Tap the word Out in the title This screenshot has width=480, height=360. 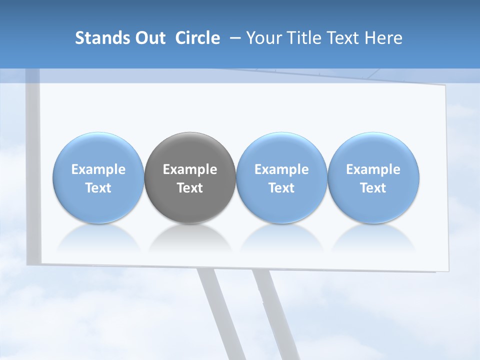click(148, 38)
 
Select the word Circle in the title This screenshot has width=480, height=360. click(197, 38)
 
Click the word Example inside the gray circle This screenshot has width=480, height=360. click(190, 169)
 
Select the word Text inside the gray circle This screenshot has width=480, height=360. click(190, 188)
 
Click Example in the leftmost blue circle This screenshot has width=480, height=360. click(98, 169)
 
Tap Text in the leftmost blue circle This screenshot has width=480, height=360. click(98, 188)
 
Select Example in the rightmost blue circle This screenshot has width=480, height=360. click(373, 169)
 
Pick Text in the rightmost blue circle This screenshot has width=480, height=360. click(373, 188)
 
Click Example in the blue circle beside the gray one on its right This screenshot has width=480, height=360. click(281, 169)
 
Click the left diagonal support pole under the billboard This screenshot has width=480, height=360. click(220, 310)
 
